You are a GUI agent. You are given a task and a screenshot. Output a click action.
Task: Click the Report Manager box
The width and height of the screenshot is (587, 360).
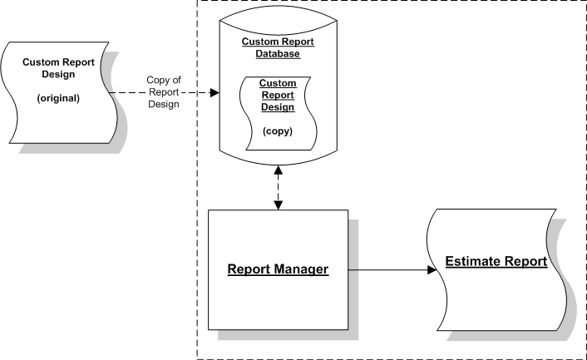[x=277, y=270]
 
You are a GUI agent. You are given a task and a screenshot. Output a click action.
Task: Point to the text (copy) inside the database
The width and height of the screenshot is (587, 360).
[x=277, y=131]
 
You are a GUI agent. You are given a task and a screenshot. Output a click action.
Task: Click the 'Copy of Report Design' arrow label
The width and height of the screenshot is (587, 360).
[x=164, y=91]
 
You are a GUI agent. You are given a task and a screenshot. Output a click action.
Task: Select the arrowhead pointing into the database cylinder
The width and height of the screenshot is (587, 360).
[x=215, y=92]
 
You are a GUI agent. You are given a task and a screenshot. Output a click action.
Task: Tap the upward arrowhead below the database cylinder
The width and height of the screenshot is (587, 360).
[x=277, y=170]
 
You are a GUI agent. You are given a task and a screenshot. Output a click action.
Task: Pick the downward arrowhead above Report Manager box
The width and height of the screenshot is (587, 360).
[x=277, y=203]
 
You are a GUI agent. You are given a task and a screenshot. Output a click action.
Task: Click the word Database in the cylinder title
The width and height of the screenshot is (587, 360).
[x=277, y=53]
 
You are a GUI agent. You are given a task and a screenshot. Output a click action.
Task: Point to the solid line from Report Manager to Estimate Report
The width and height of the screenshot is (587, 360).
[x=387, y=270]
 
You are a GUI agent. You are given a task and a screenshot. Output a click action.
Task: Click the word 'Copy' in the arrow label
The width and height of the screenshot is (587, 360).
[x=158, y=80]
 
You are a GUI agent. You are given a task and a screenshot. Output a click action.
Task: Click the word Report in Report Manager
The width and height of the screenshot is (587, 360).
[x=250, y=270]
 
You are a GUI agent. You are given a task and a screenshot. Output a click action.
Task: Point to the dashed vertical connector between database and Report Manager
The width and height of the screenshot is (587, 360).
[x=277, y=186]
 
